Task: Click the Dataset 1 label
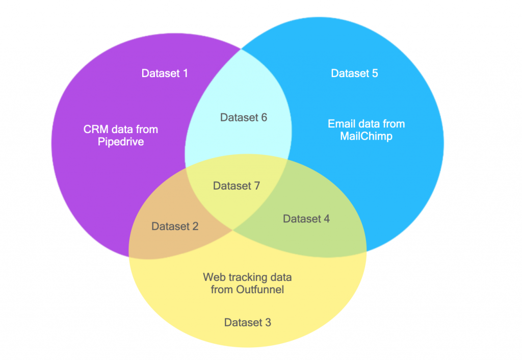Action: point(165,73)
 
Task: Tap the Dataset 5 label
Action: point(354,73)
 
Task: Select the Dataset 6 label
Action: point(244,117)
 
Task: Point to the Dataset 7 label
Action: point(237,186)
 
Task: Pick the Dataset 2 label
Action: point(175,226)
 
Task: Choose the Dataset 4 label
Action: point(306,219)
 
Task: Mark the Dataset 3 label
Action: point(248,322)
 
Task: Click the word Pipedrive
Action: point(121,142)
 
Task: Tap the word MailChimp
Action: point(366,136)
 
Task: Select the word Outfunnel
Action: point(260,290)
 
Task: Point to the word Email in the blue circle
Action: point(340,124)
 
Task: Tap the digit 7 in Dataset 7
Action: point(257,186)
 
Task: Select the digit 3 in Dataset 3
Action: point(268,322)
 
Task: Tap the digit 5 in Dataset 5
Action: point(375,73)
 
